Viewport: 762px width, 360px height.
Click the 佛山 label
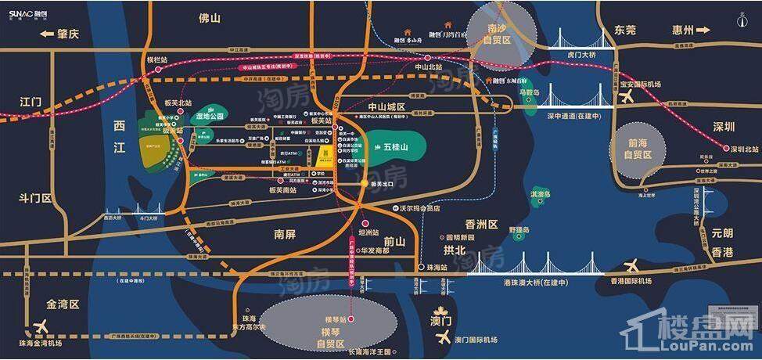pyautogui.click(x=210, y=17)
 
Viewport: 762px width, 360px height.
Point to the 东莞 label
pyautogui.click(x=625, y=31)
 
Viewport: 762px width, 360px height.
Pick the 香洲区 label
pyautogui.click(x=481, y=224)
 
